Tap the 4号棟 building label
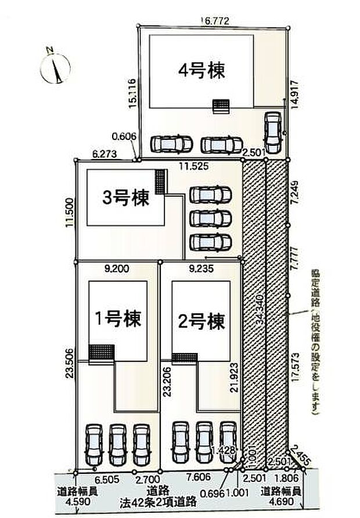pyautogui.click(x=201, y=71)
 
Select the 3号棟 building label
pyautogui.click(x=125, y=198)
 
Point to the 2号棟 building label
pyautogui.click(x=201, y=321)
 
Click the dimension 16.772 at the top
pyautogui.click(x=215, y=20)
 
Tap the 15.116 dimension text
pyautogui.click(x=133, y=93)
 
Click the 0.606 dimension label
pyautogui.click(x=124, y=136)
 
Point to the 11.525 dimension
pyautogui.click(x=192, y=166)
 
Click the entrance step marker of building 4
pyautogui.click(x=221, y=105)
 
